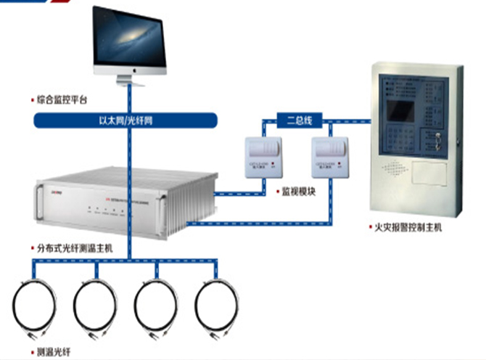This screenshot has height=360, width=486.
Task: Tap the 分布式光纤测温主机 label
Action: (72, 247)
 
